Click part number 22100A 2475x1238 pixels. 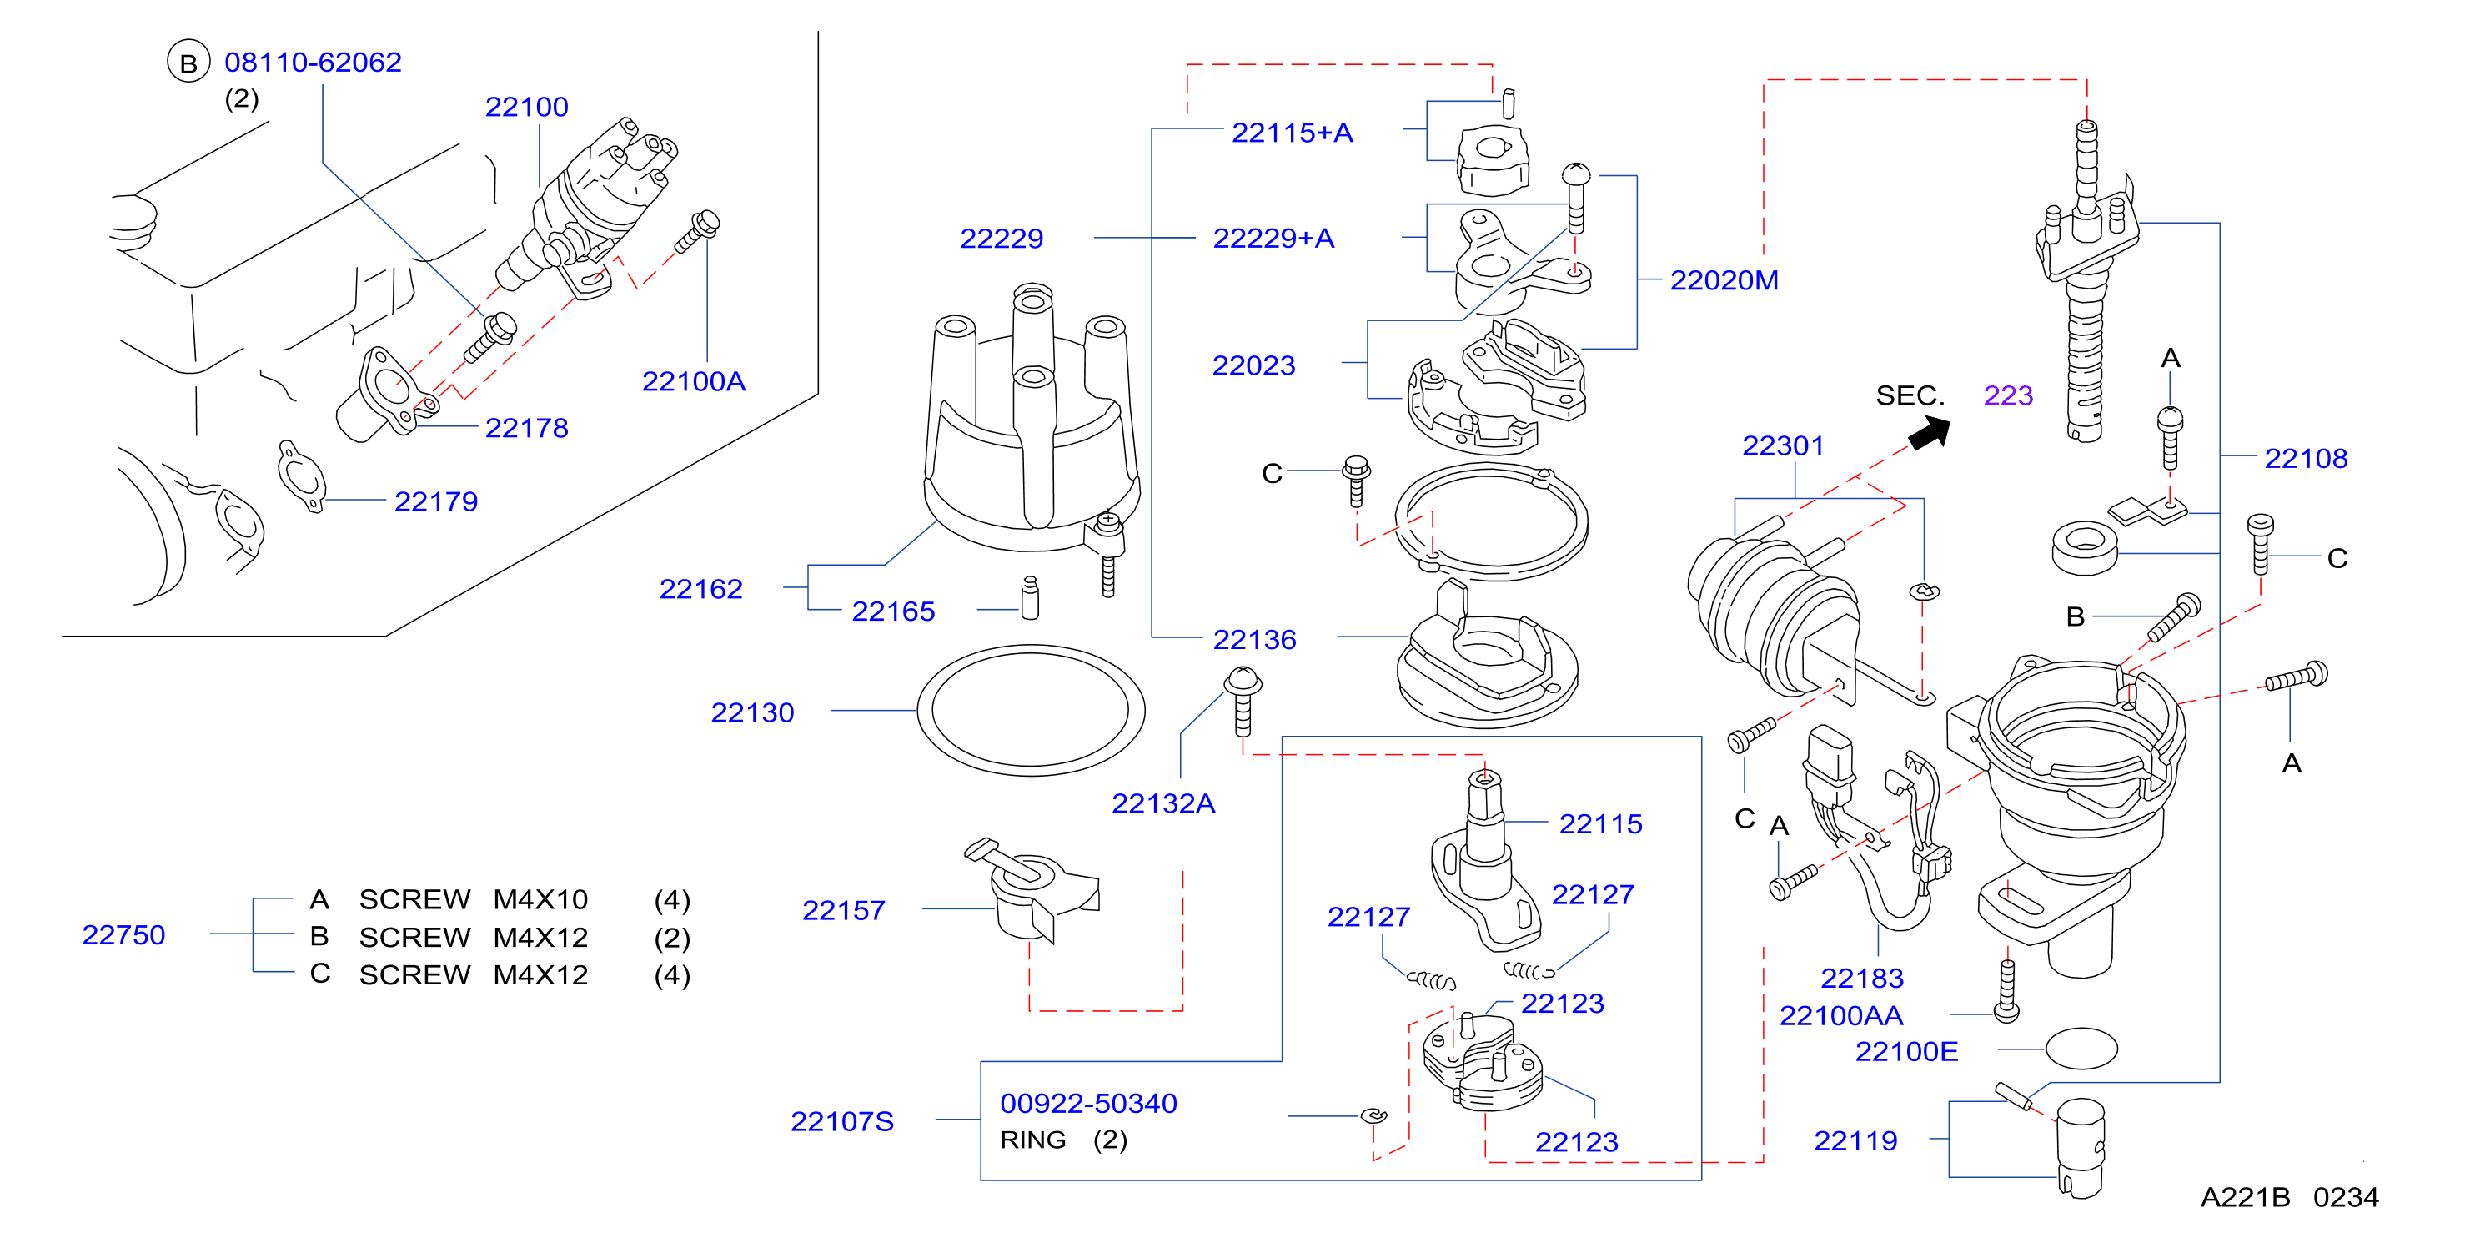pos(693,381)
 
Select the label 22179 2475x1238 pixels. pos(435,501)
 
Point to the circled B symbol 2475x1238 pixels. pos(188,63)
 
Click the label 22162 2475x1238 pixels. pos(700,589)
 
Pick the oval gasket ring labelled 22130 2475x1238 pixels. pos(1030,647)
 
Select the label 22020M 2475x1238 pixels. pos(1724,280)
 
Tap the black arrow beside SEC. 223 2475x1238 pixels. pos(1930,431)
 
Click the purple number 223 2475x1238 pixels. pos(2008,396)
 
